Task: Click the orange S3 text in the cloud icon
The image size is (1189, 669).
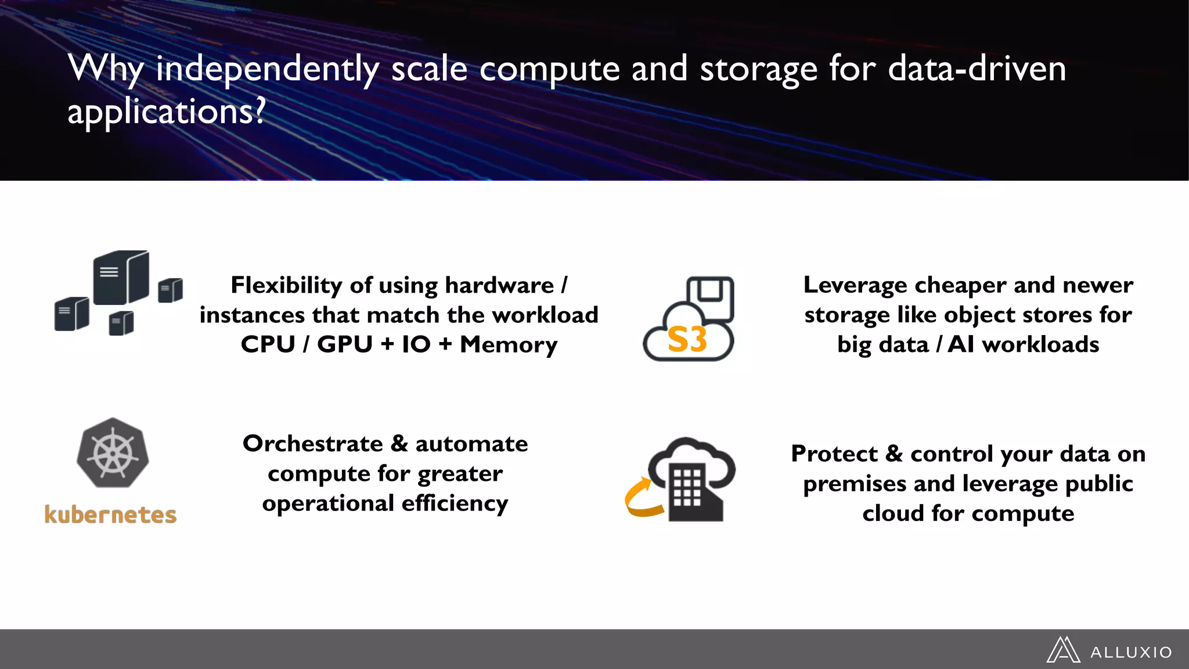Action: click(x=687, y=340)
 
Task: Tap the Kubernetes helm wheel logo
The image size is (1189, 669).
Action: click(x=113, y=453)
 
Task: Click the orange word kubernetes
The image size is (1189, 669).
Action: click(x=110, y=515)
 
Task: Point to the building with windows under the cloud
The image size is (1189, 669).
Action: click(x=694, y=494)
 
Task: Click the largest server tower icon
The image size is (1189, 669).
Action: click(x=121, y=278)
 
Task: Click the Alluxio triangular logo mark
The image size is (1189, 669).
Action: click(x=1063, y=650)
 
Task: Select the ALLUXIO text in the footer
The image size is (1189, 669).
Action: click(x=1131, y=653)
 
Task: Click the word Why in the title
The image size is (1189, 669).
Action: click(x=106, y=69)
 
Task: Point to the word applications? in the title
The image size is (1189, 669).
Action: click(x=166, y=111)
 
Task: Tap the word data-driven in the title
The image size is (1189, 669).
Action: click(x=977, y=69)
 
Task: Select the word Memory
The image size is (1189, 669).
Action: click(x=509, y=345)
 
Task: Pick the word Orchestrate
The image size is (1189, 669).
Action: click(x=313, y=444)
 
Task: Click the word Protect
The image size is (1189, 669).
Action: click(x=834, y=454)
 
